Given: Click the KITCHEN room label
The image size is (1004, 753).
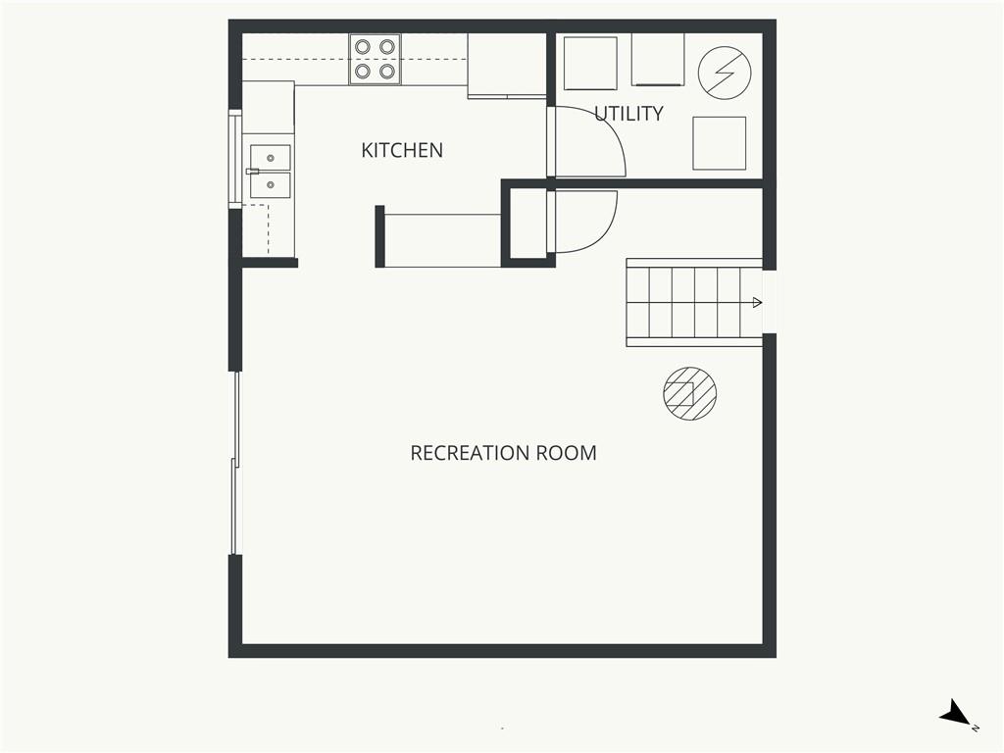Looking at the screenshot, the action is tap(401, 150).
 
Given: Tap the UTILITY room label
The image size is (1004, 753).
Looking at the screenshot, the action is tap(628, 114).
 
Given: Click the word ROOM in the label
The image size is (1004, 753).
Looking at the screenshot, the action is tap(566, 453).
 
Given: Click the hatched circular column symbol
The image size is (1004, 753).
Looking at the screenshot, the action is tap(689, 393).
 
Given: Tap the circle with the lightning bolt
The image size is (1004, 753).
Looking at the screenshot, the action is tap(725, 73).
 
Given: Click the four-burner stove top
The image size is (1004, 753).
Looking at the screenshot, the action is tap(375, 59).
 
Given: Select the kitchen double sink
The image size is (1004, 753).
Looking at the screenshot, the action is tap(270, 171).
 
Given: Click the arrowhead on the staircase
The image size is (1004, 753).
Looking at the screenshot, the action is tap(757, 302).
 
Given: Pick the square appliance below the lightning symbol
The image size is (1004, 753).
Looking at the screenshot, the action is tap(719, 143).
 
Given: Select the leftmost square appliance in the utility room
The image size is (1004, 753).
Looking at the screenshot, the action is tap(590, 63).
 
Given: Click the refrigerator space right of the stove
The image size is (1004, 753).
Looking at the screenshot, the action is tap(507, 66).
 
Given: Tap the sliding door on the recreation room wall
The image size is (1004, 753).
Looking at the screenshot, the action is tap(235, 463).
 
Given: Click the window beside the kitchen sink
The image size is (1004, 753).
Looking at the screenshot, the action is tap(235, 159).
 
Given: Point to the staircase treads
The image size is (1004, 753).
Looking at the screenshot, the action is tap(694, 302).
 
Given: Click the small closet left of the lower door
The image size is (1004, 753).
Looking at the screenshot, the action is tap(527, 223).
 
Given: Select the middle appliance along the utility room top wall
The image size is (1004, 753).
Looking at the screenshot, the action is tap(658, 60).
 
